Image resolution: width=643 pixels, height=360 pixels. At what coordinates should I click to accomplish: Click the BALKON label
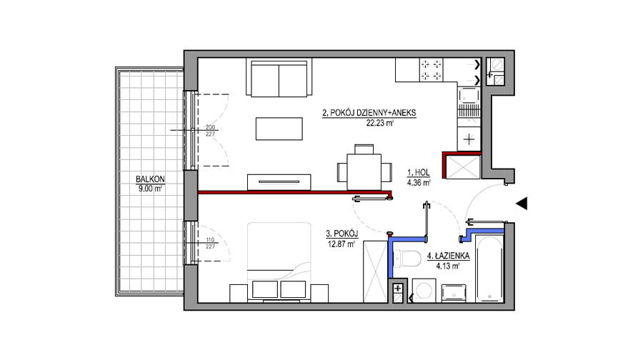[150, 179]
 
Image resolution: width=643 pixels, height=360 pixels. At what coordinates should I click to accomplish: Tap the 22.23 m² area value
[380, 123]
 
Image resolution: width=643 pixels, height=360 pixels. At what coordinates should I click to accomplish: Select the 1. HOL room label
[418, 173]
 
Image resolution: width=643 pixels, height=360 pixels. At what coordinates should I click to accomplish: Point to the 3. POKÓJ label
[342, 234]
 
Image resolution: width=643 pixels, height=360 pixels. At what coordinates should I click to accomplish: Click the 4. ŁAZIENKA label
[448, 256]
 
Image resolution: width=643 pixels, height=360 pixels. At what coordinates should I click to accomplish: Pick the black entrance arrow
[522, 204]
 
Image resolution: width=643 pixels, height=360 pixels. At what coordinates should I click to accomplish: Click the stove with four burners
[432, 70]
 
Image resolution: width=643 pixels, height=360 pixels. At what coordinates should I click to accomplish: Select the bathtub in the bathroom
[489, 269]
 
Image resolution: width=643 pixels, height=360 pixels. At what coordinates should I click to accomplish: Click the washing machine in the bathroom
[423, 291]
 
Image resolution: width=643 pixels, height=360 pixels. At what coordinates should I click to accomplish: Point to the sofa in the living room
[279, 77]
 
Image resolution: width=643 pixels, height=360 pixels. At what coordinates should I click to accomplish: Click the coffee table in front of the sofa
[279, 129]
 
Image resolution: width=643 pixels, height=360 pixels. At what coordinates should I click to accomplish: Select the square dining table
[364, 172]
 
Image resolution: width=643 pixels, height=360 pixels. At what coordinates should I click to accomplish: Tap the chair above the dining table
[364, 149]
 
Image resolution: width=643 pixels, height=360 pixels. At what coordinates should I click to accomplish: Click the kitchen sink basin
[469, 96]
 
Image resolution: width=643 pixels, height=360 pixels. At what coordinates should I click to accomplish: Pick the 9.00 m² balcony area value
[150, 189]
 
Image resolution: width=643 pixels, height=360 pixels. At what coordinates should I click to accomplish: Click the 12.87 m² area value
[342, 244]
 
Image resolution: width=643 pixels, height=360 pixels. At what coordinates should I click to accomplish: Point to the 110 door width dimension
[210, 240]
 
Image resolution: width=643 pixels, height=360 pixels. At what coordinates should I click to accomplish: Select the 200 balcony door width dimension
[210, 128]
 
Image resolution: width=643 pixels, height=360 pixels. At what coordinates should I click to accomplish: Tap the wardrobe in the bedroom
[375, 272]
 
